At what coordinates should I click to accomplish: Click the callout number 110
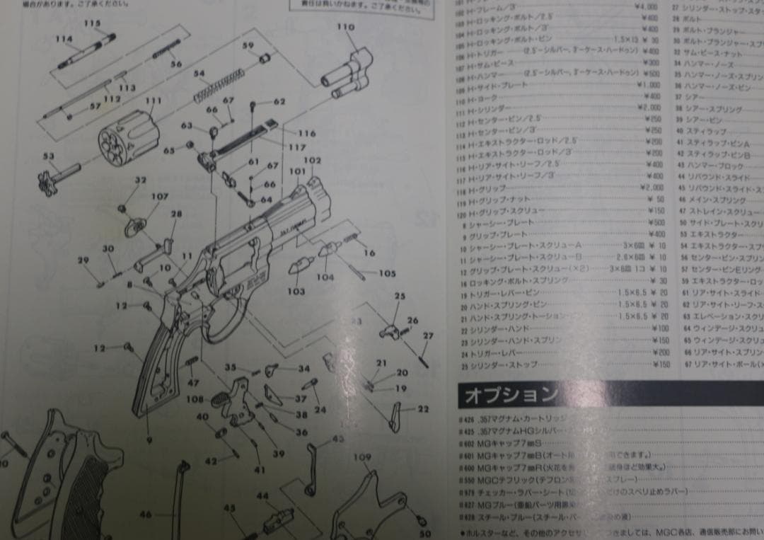(345, 27)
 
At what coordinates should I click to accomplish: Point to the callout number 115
(93, 23)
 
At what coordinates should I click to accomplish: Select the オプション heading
(509, 394)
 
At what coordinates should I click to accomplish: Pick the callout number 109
(361, 457)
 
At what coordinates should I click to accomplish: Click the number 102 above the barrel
(313, 161)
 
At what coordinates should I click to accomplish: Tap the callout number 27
(427, 335)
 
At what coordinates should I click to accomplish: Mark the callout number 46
(145, 515)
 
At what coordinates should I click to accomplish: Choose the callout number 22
(423, 408)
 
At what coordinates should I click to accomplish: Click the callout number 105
(388, 273)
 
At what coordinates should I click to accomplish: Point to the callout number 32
(140, 180)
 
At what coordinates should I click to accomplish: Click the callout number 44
(262, 496)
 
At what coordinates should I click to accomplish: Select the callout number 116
(306, 133)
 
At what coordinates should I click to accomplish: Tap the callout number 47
(193, 382)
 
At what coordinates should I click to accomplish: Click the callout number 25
(400, 296)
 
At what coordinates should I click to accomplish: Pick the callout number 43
(337, 439)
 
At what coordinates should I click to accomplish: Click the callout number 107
(160, 196)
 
